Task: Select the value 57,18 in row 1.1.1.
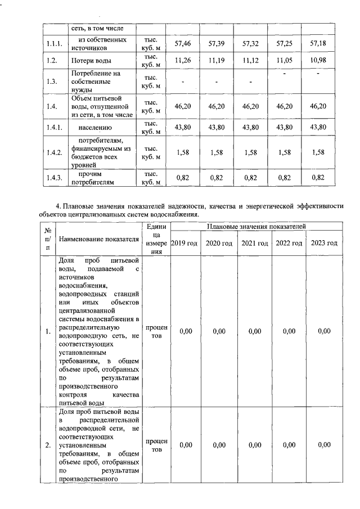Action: click(x=318, y=43)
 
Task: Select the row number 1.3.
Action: click(x=51, y=81)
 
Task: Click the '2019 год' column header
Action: click(x=184, y=243)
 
